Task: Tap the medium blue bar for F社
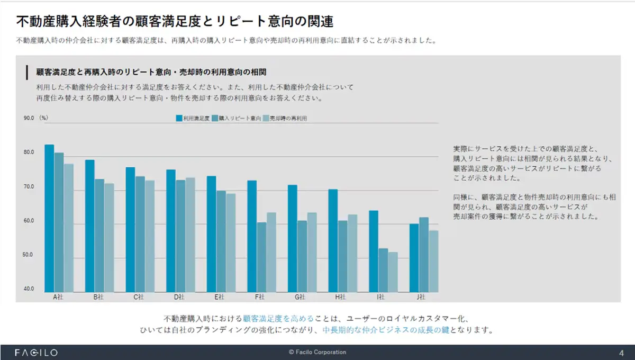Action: pos(261,257)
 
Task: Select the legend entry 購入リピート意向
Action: pos(237,119)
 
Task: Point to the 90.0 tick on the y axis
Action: pos(29,118)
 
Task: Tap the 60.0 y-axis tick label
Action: pos(29,221)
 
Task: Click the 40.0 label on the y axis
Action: pos(29,289)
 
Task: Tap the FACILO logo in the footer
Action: pos(36,353)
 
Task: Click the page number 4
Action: pos(621,353)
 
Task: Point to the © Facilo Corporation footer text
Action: pos(317,352)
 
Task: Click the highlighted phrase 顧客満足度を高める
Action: pos(278,319)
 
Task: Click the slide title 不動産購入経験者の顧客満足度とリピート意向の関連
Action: pos(175,22)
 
